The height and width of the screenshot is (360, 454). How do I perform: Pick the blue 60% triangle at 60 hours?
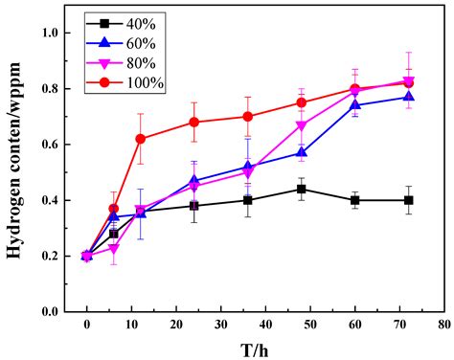[355, 105]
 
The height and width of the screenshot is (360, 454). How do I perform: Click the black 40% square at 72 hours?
[409, 200]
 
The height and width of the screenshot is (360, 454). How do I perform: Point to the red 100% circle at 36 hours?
[248, 117]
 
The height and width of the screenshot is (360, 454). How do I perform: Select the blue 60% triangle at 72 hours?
[409, 97]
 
